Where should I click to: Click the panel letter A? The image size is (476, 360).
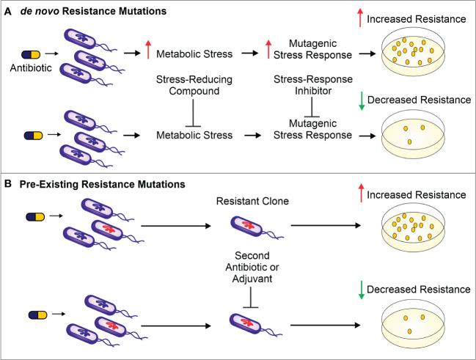[9, 11]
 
